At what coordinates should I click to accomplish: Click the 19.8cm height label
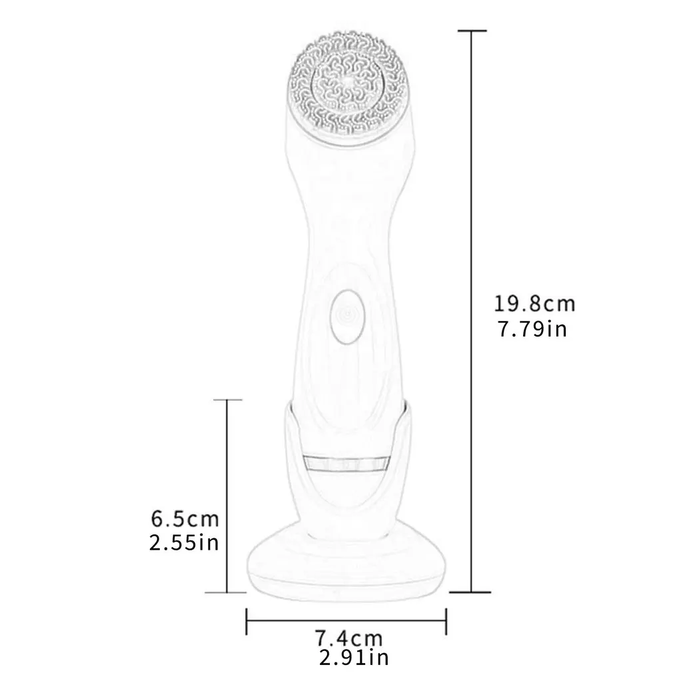click(x=534, y=305)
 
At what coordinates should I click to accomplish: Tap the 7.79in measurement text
click(x=532, y=329)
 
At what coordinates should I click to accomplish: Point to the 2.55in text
click(x=184, y=543)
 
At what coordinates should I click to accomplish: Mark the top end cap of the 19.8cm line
click(x=472, y=31)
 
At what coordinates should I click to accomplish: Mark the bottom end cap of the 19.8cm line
click(x=472, y=591)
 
